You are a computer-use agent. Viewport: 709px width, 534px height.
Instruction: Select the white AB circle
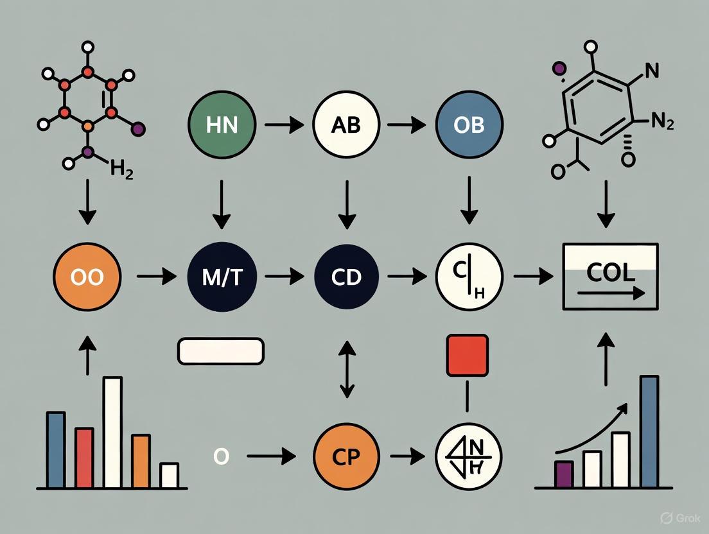pos(346,125)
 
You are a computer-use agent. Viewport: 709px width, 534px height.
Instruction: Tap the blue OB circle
pos(468,125)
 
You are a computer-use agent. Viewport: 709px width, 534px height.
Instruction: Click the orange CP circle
pos(346,457)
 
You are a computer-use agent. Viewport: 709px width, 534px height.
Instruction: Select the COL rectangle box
pos(609,277)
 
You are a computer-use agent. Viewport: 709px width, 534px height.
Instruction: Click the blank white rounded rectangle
pos(220,351)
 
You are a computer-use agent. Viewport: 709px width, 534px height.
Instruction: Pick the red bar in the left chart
pos(84,457)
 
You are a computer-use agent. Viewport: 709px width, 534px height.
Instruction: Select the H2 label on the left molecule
pos(121,171)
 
